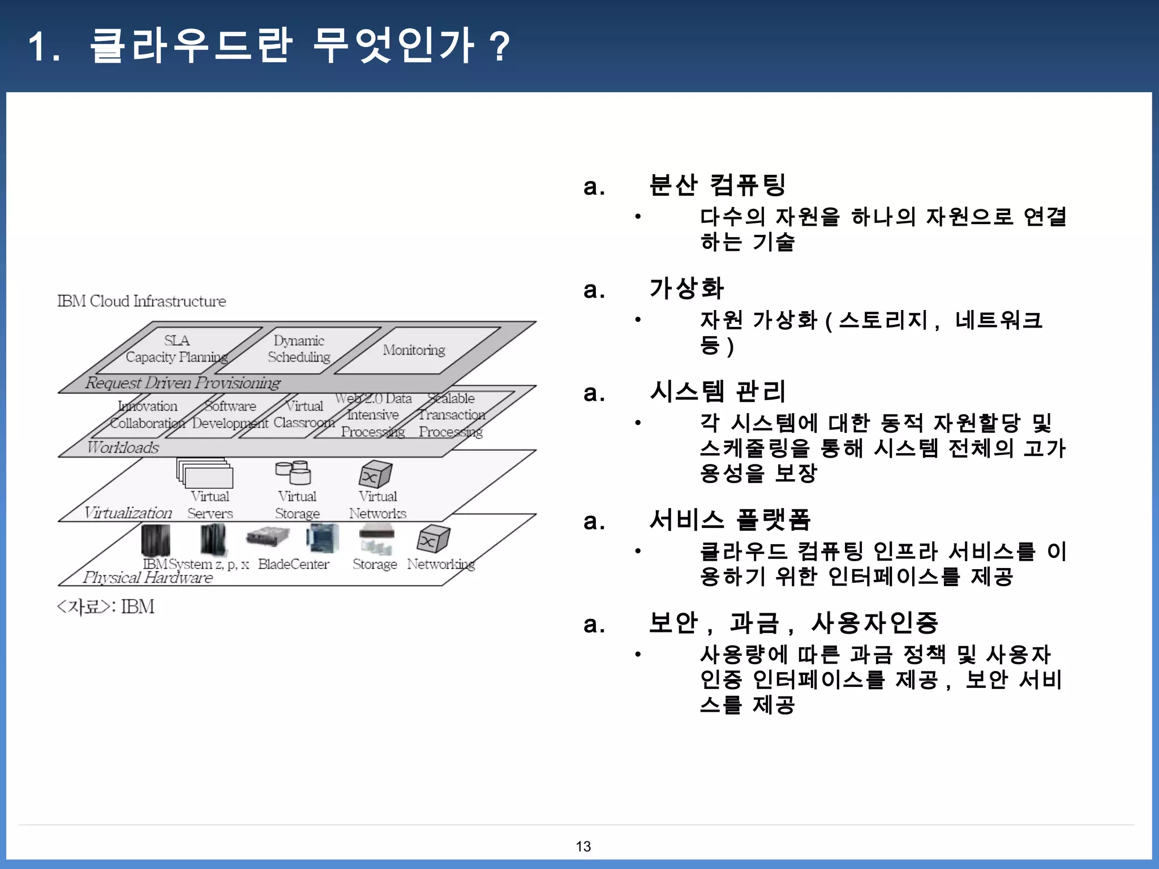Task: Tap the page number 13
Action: tap(583, 846)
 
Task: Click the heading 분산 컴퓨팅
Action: tap(718, 185)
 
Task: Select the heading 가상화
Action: tap(686, 289)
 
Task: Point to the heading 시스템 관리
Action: tap(718, 392)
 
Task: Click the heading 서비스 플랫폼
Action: tap(730, 520)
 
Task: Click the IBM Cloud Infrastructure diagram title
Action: tap(141, 301)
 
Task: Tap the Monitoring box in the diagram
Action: tap(414, 350)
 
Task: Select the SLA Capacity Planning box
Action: tap(177, 349)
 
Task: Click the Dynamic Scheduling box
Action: tap(299, 349)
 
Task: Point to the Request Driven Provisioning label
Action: tap(183, 383)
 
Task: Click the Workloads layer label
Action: tap(123, 448)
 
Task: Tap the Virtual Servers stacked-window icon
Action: tap(205, 473)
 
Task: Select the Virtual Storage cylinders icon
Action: tap(293, 472)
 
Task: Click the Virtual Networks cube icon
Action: tap(375, 474)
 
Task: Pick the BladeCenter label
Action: tap(293, 564)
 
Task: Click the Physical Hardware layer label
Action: tap(148, 578)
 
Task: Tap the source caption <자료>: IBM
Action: tap(106, 606)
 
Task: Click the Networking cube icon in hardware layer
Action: tap(433, 539)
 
